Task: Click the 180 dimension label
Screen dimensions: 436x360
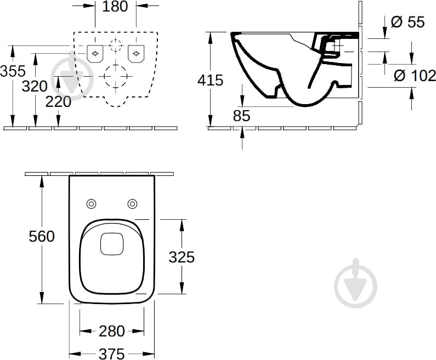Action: pyautogui.click(x=115, y=7)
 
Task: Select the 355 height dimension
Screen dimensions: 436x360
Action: pyautogui.click(x=13, y=71)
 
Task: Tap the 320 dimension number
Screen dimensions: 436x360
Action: pyautogui.click(x=35, y=87)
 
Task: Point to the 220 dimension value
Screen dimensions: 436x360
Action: pyautogui.click(x=58, y=102)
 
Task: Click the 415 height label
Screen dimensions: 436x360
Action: pyautogui.click(x=210, y=81)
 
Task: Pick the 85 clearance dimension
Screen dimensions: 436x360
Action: pyautogui.click(x=242, y=116)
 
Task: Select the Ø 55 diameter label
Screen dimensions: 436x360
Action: pyautogui.click(x=408, y=22)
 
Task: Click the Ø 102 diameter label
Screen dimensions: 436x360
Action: pyautogui.click(x=415, y=76)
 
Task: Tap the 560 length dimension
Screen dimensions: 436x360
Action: pyautogui.click(x=42, y=237)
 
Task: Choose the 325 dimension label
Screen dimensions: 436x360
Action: pyautogui.click(x=182, y=257)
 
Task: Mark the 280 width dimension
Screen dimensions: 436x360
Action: pyautogui.click(x=112, y=331)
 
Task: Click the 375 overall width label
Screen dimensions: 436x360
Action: pyautogui.click(x=112, y=354)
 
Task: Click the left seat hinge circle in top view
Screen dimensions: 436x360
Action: pyautogui.click(x=91, y=204)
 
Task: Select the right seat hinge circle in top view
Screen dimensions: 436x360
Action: pyautogui.click(x=132, y=204)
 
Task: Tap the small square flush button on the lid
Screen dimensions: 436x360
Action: pyautogui.click(x=112, y=244)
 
